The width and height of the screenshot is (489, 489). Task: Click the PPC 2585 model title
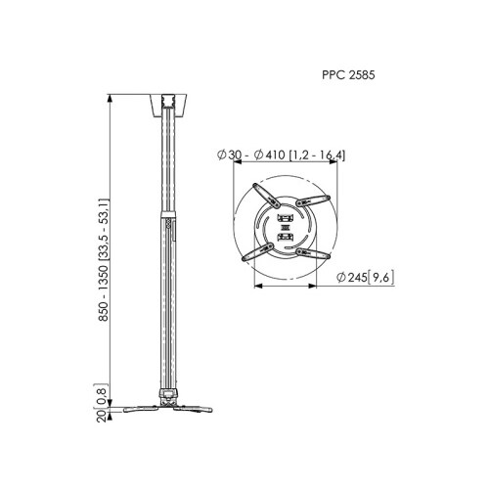[348, 75]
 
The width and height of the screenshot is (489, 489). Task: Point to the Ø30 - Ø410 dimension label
[281, 156]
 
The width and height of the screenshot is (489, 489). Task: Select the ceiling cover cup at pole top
[169, 106]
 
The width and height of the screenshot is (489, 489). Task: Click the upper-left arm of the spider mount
[266, 196]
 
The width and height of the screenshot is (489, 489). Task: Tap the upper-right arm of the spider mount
[313, 201]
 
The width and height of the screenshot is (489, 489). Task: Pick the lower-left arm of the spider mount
[257, 251]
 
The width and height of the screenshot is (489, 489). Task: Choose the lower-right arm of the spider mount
[313, 253]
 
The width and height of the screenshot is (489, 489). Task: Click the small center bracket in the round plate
[286, 227]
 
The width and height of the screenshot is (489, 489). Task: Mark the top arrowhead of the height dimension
[111, 99]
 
